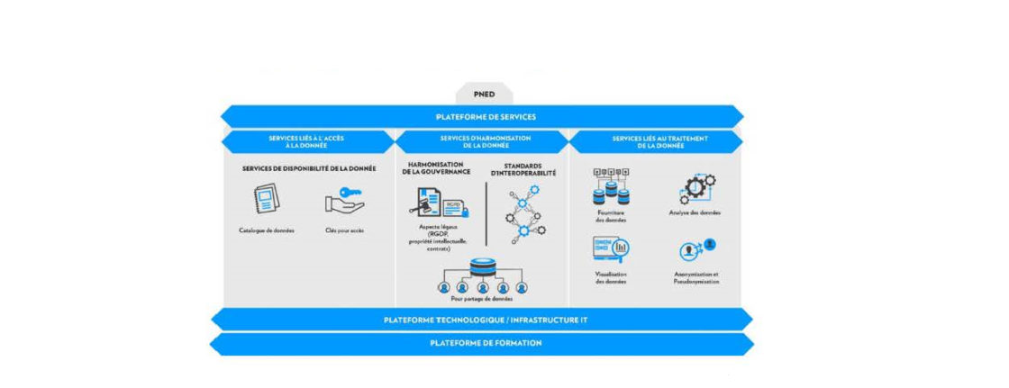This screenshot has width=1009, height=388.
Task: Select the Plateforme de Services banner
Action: point(485,116)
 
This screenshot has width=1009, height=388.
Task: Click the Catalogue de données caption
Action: point(266,230)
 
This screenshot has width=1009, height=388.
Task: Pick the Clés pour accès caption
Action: point(345,230)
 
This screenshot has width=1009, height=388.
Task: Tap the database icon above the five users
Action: point(483,267)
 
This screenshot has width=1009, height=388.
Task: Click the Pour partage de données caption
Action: point(483,298)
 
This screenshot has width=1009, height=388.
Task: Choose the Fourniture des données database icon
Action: point(610,186)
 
